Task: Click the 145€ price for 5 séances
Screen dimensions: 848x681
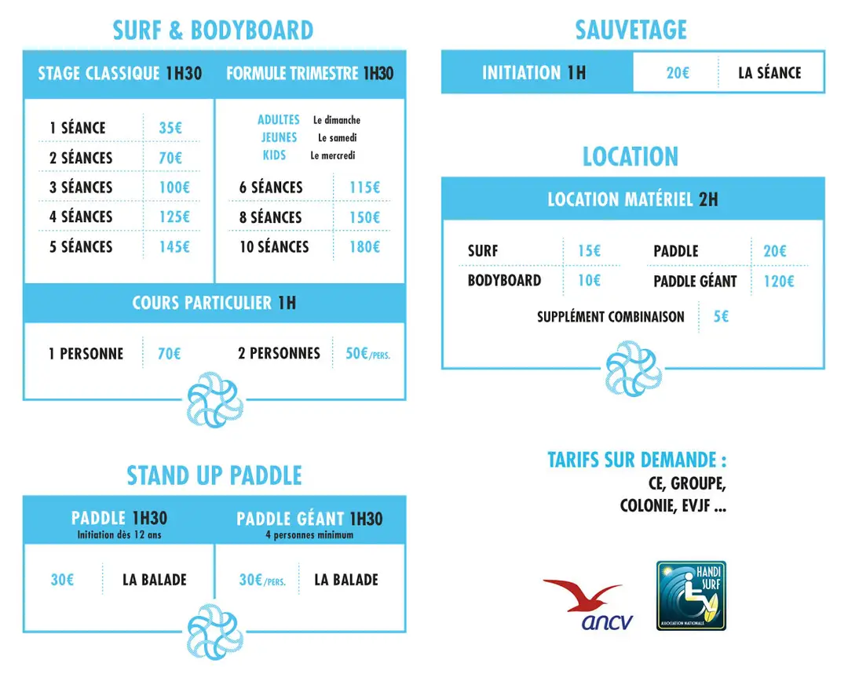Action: pos(174,247)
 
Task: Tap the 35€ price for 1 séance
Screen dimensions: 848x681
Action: pos(170,128)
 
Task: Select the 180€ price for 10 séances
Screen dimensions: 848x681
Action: pos(364,247)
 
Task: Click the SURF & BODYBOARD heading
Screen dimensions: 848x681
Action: pos(213,31)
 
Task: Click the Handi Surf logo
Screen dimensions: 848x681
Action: pos(691,595)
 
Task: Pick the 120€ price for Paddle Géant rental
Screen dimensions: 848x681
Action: pos(779,281)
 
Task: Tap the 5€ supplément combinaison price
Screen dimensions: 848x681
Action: pos(721,316)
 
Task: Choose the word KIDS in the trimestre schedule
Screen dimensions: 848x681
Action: pos(274,155)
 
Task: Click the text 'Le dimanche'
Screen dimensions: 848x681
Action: pos(337,120)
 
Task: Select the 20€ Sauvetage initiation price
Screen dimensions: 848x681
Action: pos(678,73)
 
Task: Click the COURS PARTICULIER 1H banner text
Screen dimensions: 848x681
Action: pos(214,303)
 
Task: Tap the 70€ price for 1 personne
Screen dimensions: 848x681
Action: pos(170,354)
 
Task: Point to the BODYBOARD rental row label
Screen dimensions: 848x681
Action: pos(504,281)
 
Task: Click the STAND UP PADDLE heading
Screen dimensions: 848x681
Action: pos(214,475)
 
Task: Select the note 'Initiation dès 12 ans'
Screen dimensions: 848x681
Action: pos(119,535)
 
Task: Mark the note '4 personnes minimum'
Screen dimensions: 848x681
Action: pos(309,535)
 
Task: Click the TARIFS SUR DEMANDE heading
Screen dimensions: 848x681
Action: pos(637,461)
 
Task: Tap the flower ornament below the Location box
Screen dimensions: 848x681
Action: pos(634,369)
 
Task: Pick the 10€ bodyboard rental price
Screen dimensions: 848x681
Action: pos(590,281)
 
